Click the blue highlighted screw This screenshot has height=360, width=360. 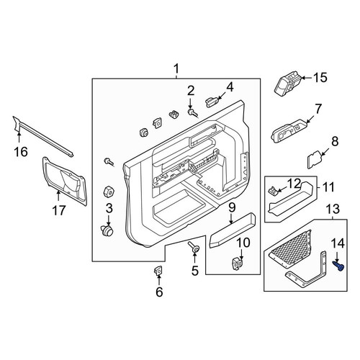(x=338, y=266)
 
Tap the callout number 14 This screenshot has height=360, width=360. (x=338, y=243)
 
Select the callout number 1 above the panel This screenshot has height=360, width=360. (x=176, y=69)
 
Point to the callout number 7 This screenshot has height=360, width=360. (x=318, y=109)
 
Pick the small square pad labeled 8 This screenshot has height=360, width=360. (x=315, y=159)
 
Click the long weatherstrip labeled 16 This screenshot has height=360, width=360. (x=43, y=136)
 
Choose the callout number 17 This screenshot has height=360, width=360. (x=59, y=210)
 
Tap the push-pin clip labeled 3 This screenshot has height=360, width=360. (x=107, y=230)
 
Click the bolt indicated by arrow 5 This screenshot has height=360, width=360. (x=194, y=248)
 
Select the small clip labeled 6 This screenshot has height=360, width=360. (x=158, y=271)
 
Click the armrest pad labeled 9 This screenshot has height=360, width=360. (x=233, y=230)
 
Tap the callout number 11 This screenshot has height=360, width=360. (x=328, y=187)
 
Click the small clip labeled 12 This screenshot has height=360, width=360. (x=273, y=191)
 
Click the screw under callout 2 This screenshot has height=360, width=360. (x=192, y=113)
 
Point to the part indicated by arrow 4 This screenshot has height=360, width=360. (x=212, y=102)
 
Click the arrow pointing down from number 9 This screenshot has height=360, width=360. (x=231, y=219)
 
